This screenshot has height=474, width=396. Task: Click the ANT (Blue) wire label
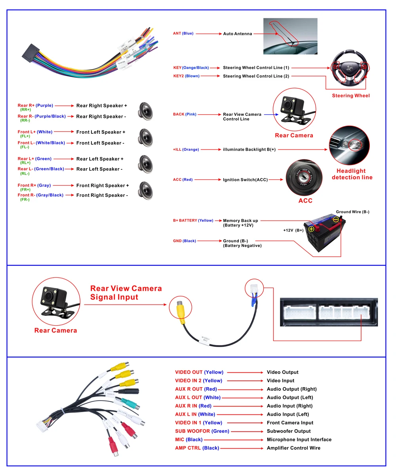point(183,34)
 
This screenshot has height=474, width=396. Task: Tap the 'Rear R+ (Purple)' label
point(35,106)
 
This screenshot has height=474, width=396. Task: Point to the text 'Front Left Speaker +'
point(101,132)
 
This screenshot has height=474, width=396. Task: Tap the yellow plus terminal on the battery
point(311,229)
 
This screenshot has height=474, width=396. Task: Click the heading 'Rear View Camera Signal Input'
point(126,293)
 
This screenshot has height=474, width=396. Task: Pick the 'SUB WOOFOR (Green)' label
point(202,431)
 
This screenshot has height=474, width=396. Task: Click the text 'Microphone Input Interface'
point(299,439)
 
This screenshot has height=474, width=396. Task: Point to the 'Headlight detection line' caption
point(352,174)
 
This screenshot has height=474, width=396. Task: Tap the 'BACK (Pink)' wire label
point(185,114)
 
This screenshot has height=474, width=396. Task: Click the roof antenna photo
point(290,36)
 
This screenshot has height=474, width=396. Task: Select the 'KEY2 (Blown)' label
point(186,76)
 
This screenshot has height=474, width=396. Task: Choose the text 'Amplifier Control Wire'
point(293,448)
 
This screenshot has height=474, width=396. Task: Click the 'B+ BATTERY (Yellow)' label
point(193,221)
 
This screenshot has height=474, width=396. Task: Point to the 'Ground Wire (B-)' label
point(352,212)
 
